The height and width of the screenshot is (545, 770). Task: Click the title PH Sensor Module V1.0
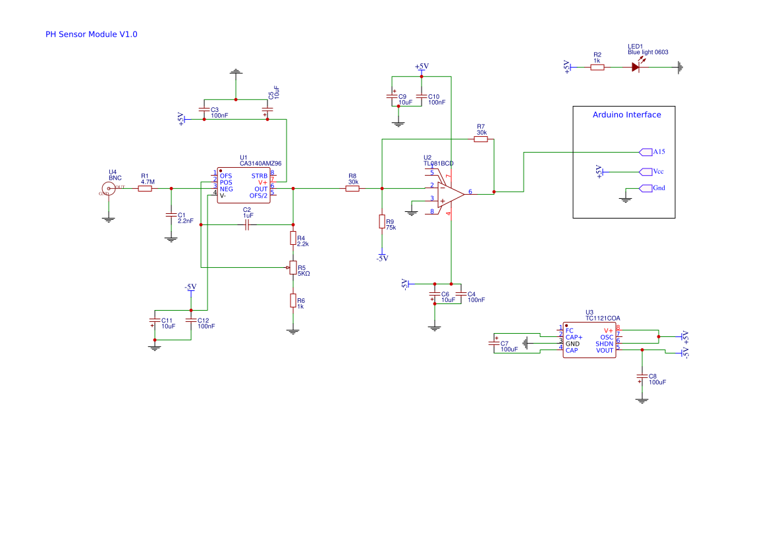point(91,34)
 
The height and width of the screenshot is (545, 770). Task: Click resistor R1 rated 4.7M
point(145,189)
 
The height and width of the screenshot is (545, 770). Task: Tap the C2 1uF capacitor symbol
point(247,225)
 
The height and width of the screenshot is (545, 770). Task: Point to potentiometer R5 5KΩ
point(293,267)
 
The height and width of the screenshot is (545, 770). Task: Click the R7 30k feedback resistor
point(481,140)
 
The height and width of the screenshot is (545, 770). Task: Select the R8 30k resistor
point(353,189)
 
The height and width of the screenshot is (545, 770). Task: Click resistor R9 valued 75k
point(381,221)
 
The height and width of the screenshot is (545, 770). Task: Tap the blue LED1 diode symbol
point(636,66)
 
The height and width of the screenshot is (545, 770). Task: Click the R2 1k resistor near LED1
point(597,66)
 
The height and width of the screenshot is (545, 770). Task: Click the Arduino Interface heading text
point(626,115)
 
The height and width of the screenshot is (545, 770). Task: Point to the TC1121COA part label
point(602,318)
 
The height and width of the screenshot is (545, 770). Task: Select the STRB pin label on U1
point(259,176)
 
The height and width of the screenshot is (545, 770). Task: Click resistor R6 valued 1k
point(293,301)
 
